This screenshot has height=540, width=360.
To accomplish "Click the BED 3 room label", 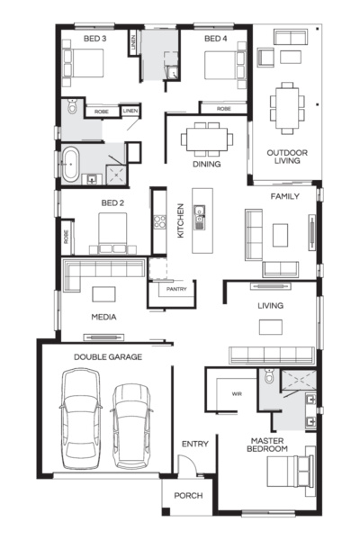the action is coord(94,39).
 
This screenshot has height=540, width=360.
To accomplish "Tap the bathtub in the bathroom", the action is coord(70,165).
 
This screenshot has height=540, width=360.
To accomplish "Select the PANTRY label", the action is coord(176,289).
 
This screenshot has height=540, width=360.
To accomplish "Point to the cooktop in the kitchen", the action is coord(159,221).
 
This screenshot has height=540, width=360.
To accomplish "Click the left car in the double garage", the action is coord(81,418).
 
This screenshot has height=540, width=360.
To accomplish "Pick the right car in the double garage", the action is coord(132,427).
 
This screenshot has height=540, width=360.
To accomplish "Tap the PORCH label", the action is coord(188,496).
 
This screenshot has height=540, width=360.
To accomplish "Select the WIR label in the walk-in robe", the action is coord(237,393).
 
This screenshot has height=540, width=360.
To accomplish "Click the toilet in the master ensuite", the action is coord(269,375).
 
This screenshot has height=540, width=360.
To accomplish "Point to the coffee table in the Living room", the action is coord(271,328).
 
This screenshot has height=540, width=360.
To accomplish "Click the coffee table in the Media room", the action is coord(103,294).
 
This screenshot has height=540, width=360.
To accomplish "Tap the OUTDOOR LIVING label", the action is coord(287,157).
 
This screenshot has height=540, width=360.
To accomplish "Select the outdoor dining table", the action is coord(287,108).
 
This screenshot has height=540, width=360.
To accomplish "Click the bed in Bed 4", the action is coord(225,65).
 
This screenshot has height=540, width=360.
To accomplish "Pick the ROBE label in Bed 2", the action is coord(66,237).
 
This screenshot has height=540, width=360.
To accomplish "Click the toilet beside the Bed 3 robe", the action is coord(72,106).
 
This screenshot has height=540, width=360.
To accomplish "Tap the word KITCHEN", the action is coord(181,220).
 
